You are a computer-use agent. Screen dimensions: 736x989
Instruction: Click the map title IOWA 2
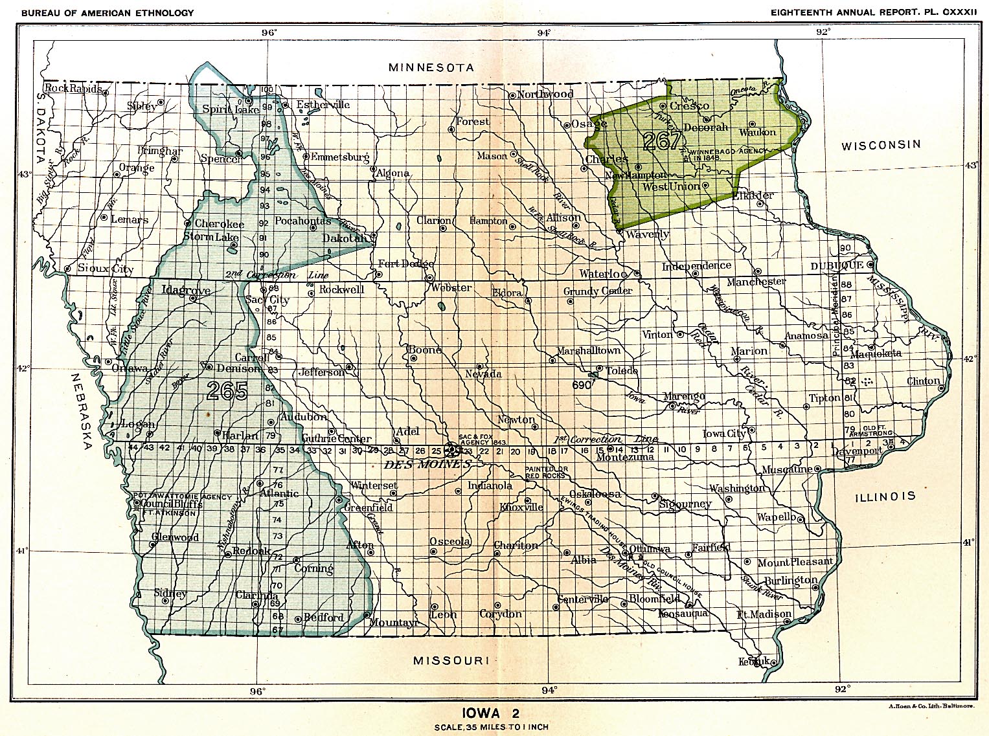pyautogui.click(x=490, y=713)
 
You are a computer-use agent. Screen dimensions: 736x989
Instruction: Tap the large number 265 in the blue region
pyautogui.click(x=227, y=391)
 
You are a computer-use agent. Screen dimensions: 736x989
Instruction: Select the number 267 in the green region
pyautogui.click(x=662, y=140)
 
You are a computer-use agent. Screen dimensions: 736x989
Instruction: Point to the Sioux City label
pyautogui.click(x=105, y=269)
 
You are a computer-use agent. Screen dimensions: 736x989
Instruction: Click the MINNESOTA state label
pyautogui.click(x=431, y=67)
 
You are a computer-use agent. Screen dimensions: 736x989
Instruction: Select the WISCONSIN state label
pyautogui.click(x=880, y=145)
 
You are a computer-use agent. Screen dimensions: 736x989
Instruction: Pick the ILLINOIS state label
pyautogui.click(x=885, y=496)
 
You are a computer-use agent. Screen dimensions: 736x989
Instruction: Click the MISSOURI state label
pyautogui.click(x=450, y=660)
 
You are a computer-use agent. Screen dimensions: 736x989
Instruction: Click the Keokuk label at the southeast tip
pyautogui.click(x=754, y=661)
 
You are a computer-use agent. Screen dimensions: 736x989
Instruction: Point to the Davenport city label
pyautogui.click(x=858, y=451)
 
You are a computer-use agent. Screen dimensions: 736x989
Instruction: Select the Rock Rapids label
pyautogui.click(x=73, y=88)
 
